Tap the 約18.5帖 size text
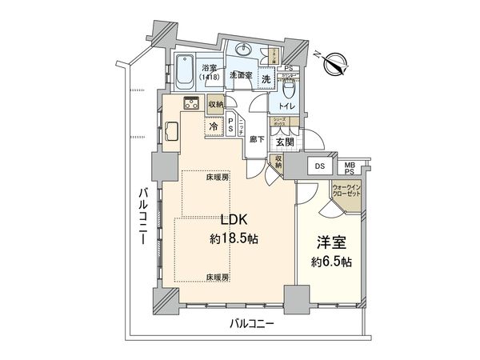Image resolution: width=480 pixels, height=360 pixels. pos(233,238)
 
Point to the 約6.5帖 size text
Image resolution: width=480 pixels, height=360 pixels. pos(327,262)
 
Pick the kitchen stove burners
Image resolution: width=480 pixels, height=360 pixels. pos(193,102)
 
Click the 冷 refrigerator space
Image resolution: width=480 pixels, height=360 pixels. pos(214,126)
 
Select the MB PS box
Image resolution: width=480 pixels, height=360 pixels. pos(350,167)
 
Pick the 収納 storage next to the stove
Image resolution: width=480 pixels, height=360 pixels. pos(216,103)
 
